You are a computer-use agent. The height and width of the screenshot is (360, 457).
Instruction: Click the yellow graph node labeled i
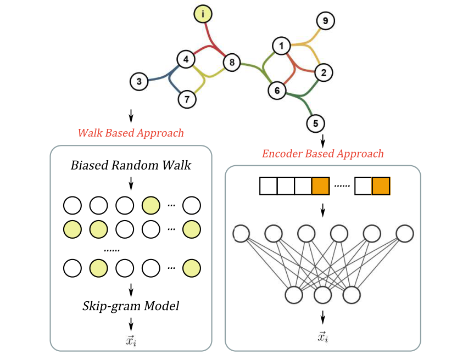point(203,14)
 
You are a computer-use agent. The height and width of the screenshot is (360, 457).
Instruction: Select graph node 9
point(325,21)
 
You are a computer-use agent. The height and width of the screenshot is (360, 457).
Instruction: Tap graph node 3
point(139,82)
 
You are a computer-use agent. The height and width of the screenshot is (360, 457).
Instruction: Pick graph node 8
point(232,63)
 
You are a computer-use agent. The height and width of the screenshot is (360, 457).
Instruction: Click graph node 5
point(315,123)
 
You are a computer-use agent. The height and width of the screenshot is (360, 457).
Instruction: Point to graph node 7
point(187,99)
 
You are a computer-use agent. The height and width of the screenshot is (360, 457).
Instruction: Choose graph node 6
point(277,90)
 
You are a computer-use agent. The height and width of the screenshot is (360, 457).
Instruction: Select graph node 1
point(282,46)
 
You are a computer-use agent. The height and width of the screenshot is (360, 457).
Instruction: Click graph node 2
point(324,72)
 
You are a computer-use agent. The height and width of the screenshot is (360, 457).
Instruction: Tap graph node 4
point(186,59)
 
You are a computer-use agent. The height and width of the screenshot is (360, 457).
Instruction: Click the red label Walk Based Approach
point(131,133)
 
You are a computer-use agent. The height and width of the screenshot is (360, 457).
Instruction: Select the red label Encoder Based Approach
point(322,153)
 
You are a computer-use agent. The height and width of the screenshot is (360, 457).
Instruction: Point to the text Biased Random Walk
point(131,165)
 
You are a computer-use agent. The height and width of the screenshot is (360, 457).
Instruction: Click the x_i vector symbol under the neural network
point(322,336)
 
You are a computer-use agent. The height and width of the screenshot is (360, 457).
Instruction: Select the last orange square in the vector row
point(381,187)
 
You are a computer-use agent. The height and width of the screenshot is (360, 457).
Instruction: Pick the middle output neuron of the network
point(322,296)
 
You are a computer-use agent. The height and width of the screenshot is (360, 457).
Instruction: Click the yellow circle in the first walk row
point(151,205)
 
